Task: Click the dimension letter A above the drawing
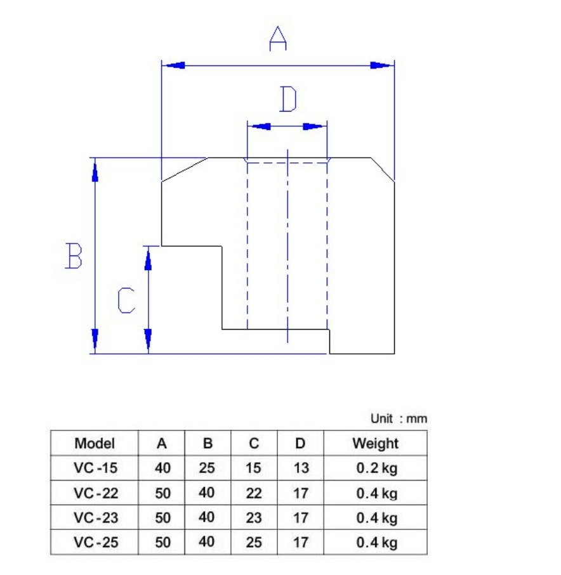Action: point(278,39)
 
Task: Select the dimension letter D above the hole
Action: point(288,99)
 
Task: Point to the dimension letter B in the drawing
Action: point(74,255)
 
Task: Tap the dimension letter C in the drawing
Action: point(126,300)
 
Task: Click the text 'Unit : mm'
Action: point(399,418)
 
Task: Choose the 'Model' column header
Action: point(95,443)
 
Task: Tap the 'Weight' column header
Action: point(375,443)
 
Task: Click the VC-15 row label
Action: point(95,468)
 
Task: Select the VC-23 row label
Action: point(96,518)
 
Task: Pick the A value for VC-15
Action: point(162,468)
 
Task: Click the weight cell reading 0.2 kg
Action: point(377,468)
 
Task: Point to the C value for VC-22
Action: point(254,493)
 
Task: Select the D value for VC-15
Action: point(301,468)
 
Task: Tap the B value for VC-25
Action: point(207,541)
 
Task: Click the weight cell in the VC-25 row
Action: point(377,543)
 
